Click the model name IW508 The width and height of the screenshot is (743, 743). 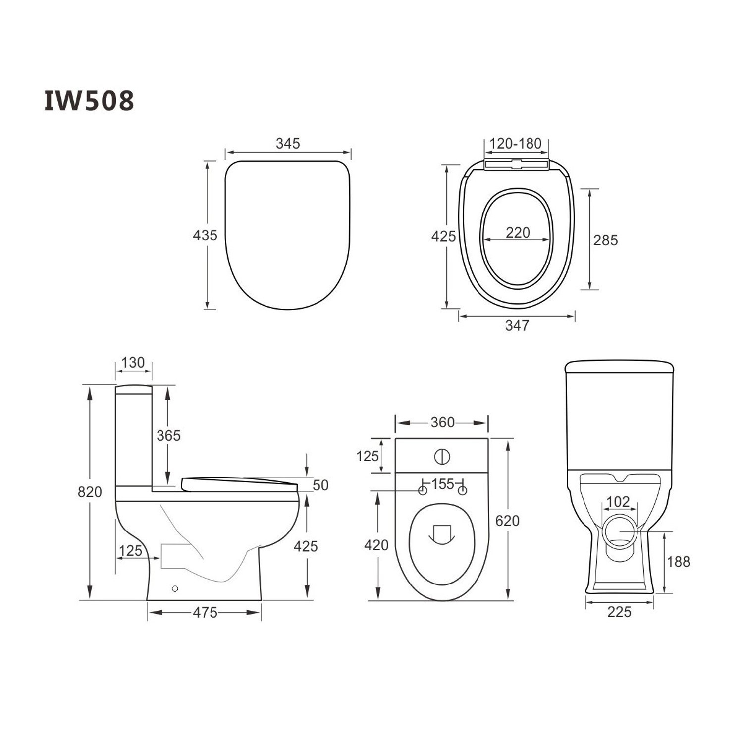pyautogui.click(x=89, y=101)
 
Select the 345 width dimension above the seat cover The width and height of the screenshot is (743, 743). pyautogui.click(x=288, y=144)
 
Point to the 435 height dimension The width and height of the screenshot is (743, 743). pyautogui.click(x=205, y=235)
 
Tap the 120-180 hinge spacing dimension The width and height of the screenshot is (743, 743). pyautogui.click(x=516, y=144)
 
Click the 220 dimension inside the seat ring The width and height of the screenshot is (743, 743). pyautogui.click(x=518, y=232)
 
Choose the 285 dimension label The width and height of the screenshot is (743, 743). pyautogui.click(x=605, y=240)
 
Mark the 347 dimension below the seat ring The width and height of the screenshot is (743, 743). pyautogui.click(x=517, y=325)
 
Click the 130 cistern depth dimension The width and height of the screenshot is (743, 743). pyautogui.click(x=133, y=363)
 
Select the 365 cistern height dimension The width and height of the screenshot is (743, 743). pyautogui.click(x=168, y=436)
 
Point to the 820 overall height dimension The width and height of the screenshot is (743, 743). pyautogui.click(x=90, y=492)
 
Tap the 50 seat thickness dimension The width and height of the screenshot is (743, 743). pyautogui.click(x=320, y=485)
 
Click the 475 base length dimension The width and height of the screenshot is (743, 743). pyautogui.click(x=205, y=613)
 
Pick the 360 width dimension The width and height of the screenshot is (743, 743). pyautogui.click(x=442, y=423)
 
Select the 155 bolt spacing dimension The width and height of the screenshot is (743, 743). pyautogui.click(x=442, y=484)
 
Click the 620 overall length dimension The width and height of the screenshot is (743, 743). pyautogui.click(x=507, y=521)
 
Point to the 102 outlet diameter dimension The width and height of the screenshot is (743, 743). pyautogui.click(x=618, y=502)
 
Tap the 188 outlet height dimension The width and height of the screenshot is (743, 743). pyautogui.click(x=678, y=562)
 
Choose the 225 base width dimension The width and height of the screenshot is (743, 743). pyautogui.click(x=619, y=612)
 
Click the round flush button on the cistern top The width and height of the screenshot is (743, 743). pyautogui.click(x=442, y=457)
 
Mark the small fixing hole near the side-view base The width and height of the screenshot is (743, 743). pyautogui.click(x=174, y=589)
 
